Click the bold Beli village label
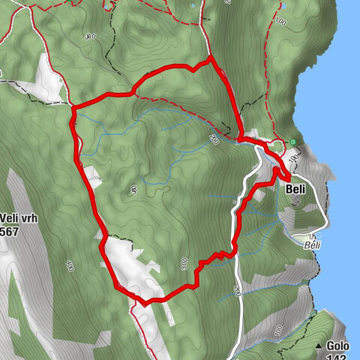coord(295,189)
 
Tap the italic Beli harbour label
coord(313,244)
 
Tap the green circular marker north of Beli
coord(294,142)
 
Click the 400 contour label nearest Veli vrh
coord(70,265)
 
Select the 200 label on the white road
coord(236,291)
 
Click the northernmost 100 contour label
coord(281,22)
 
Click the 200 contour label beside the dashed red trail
coord(214,137)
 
